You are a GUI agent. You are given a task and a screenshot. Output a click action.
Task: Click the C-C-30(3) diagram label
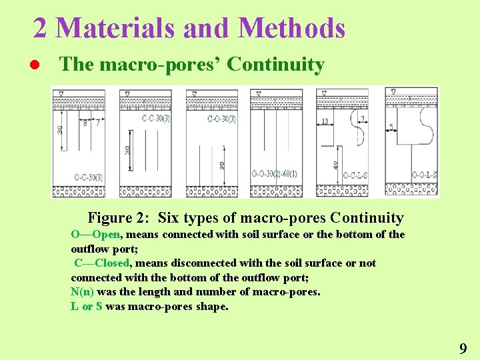coord(155,119)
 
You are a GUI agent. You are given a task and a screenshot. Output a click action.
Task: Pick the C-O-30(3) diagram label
coord(221,119)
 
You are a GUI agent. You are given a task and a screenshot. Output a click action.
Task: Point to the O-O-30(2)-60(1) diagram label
coord(275,175)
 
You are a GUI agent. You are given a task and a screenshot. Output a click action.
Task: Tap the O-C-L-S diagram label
coord(355,176)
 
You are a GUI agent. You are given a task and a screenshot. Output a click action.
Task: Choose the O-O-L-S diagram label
coord(424,175)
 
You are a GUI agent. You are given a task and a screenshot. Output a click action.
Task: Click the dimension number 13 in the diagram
coord(325,121)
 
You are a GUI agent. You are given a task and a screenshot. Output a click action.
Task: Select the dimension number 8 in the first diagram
coord(85,123)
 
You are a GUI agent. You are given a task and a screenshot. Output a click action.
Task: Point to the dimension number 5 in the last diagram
coord(391,127)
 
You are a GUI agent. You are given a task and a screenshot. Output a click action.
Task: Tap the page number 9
coord(463,348)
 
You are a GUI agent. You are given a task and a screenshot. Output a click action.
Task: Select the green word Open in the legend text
coord(107,234)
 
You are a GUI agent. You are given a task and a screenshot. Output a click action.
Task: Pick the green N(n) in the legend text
coord(82,291)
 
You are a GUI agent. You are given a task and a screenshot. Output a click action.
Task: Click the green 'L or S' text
coord(86,306)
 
